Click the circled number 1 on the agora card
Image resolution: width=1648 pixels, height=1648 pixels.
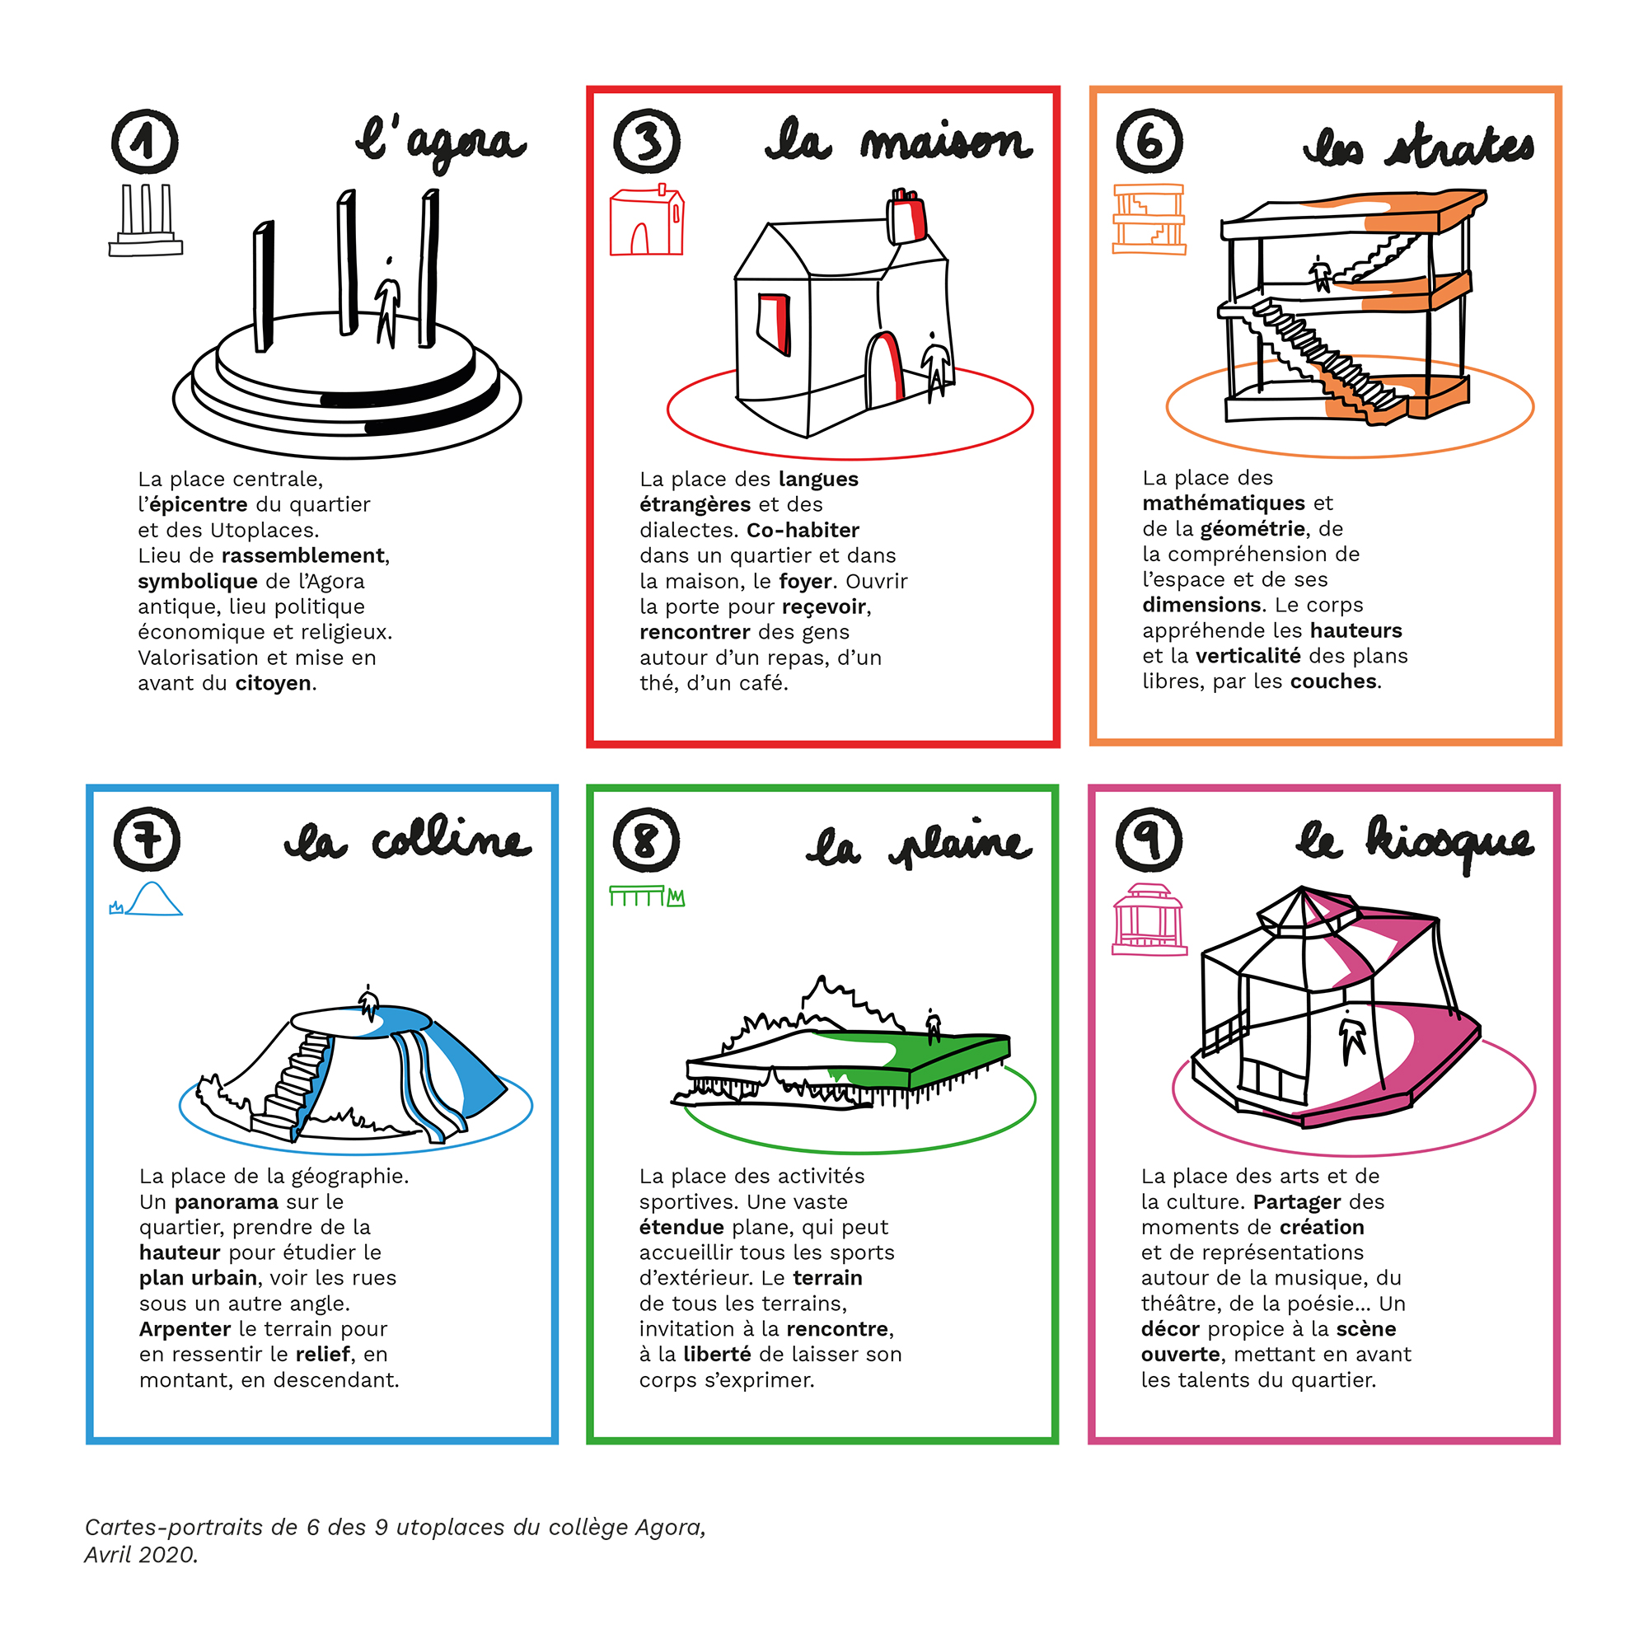pos(145,142)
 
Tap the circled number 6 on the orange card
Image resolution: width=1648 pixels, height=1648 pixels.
pos(1149,141)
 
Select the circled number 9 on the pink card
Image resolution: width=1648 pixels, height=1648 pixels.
pos(1149,840)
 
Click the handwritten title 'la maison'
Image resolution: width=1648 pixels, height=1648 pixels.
pos(899,142)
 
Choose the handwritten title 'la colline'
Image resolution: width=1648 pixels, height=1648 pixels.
pos(408,840)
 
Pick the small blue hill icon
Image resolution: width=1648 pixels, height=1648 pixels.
pos(146,899)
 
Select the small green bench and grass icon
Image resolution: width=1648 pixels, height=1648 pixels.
pos(648,897)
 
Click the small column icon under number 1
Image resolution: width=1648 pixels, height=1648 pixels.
pos(146,220)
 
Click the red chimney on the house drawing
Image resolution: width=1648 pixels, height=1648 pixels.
pos(906,215)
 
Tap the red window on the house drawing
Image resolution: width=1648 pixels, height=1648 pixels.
pos(774,323)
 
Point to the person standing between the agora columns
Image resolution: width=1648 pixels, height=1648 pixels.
pos(388,302)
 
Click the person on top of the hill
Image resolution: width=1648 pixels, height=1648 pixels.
pos(368,1003)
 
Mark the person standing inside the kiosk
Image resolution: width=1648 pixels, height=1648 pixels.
pos(1352,1037)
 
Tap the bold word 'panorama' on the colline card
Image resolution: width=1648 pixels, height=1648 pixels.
pos(227,1202)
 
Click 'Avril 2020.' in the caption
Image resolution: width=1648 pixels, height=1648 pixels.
pos(141,1554)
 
